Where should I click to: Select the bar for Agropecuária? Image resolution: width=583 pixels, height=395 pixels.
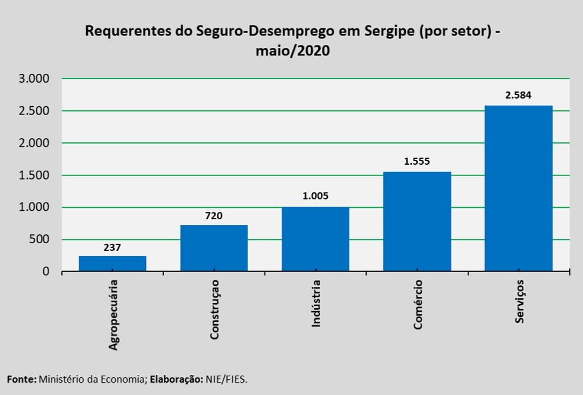pyautogui.click(x=112, y=264)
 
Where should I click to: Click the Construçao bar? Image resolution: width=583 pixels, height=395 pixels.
pyautogui.click(x=214, y=249)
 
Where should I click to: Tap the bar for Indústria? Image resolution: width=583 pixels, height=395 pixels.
pyautogui.click(x=315, y=239)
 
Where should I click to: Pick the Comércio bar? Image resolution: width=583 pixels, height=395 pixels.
pyautogui.click(x=417, y=221)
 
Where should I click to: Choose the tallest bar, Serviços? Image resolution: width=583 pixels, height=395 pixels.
pyautogui.click(x=519, y=189)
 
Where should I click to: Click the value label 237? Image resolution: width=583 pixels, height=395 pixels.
pyautogui.click(x=112, y=247)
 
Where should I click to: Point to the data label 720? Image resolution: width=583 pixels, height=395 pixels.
pyautogui.click(x=214, y=216)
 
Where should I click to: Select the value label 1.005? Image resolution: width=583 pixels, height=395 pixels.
pyautogui.click(x=315, y=197)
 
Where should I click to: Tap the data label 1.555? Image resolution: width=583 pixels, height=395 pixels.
pyautogui.click(x=417, y=161)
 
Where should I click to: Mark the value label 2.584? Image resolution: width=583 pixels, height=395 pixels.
pyautogui.click(x=519, y=95)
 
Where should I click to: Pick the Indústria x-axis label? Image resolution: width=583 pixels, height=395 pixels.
pyautogui.click(x=316, y=304)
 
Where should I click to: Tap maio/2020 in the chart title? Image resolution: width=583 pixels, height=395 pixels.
pyautogui.click(x=292, y=51)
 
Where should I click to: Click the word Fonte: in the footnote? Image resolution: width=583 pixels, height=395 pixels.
pyautogui.click(x=22, y=378)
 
